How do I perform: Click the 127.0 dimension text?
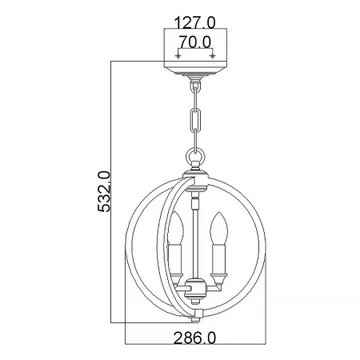coord(194,22)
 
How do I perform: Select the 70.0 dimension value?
coord(194,42)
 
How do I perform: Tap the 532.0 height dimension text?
coord(104,191)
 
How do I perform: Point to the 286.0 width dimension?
coord(194,338)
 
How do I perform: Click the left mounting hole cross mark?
coord(178,56)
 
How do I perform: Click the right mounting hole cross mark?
coord(212,56)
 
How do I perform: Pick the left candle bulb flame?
coord(175,227)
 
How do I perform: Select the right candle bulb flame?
coord(219,227)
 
